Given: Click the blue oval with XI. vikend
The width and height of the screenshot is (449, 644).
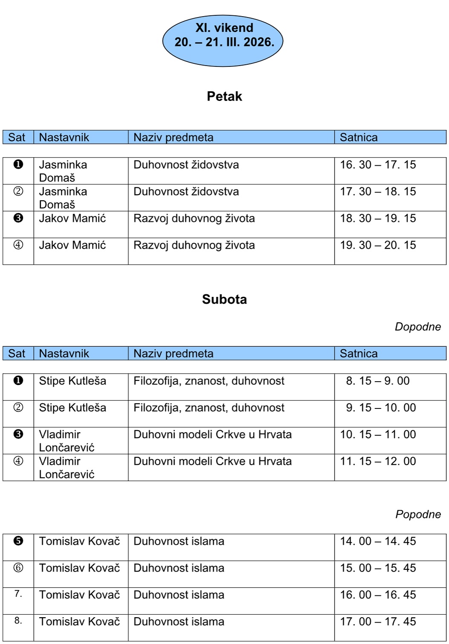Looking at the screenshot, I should tap(223, 40).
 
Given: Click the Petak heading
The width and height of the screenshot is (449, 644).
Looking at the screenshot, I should tap(224, 96).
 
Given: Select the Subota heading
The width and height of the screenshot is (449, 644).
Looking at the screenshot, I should tap(224, 299).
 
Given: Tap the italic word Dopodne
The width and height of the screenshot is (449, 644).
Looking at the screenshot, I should tap(417, 327).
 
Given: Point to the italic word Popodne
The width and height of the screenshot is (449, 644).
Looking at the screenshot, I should tap(418, 514).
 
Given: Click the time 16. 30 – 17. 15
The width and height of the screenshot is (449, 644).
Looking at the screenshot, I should tap(378, 165).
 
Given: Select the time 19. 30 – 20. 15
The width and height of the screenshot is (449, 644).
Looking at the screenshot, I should tap(378, 245).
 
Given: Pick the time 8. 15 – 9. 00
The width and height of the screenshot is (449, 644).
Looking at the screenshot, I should tap(378, 381).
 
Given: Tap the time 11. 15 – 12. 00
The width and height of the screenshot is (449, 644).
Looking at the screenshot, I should tap(378, 461).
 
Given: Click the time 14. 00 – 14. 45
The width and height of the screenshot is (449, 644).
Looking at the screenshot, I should tap(378, 541).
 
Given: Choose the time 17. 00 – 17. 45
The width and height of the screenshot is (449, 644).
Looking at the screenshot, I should tap(378, 622).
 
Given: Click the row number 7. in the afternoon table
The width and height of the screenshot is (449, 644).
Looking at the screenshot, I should tap(18, 594).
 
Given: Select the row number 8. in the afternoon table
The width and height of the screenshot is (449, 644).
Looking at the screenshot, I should tap(18, 621).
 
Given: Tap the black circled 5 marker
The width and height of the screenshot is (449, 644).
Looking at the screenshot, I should tap(18, 541).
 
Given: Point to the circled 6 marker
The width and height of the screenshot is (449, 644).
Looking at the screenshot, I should tap(18, 568).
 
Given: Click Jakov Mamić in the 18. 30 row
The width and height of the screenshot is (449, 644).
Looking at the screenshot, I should tap(72, 218).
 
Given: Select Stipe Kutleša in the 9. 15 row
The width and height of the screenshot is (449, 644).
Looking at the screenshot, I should tap(72, 408).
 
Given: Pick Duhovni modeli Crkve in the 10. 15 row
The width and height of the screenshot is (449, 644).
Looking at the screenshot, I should tap(212, 434).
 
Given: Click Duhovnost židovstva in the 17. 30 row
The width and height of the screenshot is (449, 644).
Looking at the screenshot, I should tap(186, 192).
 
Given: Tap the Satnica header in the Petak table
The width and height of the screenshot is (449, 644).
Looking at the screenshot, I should tap(358, 137).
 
